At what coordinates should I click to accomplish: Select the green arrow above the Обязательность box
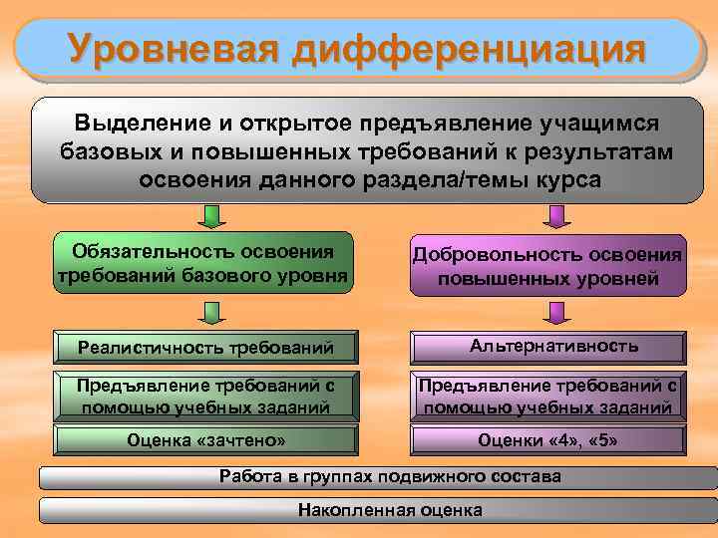(210, 217)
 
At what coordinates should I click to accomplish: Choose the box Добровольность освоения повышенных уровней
(547, 266)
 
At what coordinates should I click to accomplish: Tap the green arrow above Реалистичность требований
(210, 314)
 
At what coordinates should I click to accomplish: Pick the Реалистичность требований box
(204, 347)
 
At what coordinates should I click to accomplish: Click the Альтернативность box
(547, 347)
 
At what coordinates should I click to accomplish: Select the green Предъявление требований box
(204, 396)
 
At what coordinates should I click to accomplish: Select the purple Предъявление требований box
(547, 396)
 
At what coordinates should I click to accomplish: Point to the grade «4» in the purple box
(560, 439)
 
